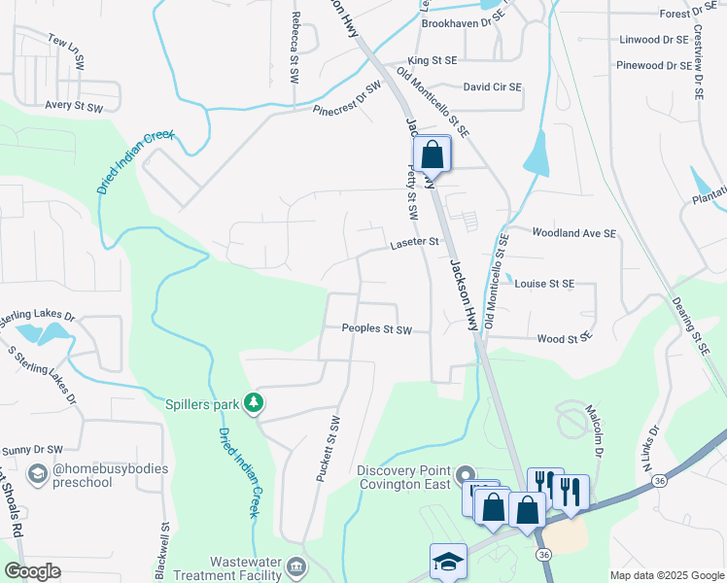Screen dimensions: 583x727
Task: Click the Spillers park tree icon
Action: (254, 401)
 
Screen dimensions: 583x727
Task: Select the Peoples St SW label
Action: (377, 329)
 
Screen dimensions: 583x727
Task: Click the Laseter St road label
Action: (415, 242)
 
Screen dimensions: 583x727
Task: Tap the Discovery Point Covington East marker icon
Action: (464, 473)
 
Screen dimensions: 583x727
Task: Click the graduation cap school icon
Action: (448, 562)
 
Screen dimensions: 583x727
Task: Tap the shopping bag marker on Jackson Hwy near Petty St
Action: (432, 153)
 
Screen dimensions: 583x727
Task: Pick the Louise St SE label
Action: (545, 284)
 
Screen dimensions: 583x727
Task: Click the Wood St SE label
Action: (565, 338)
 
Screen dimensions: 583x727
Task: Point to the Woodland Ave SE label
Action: (574, 233)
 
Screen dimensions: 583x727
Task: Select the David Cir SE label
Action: (492, 86)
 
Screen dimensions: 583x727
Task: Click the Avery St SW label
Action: (74, 105)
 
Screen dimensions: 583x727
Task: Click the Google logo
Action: (33, 571)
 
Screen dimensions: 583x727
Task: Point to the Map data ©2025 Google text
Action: (666, 575)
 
